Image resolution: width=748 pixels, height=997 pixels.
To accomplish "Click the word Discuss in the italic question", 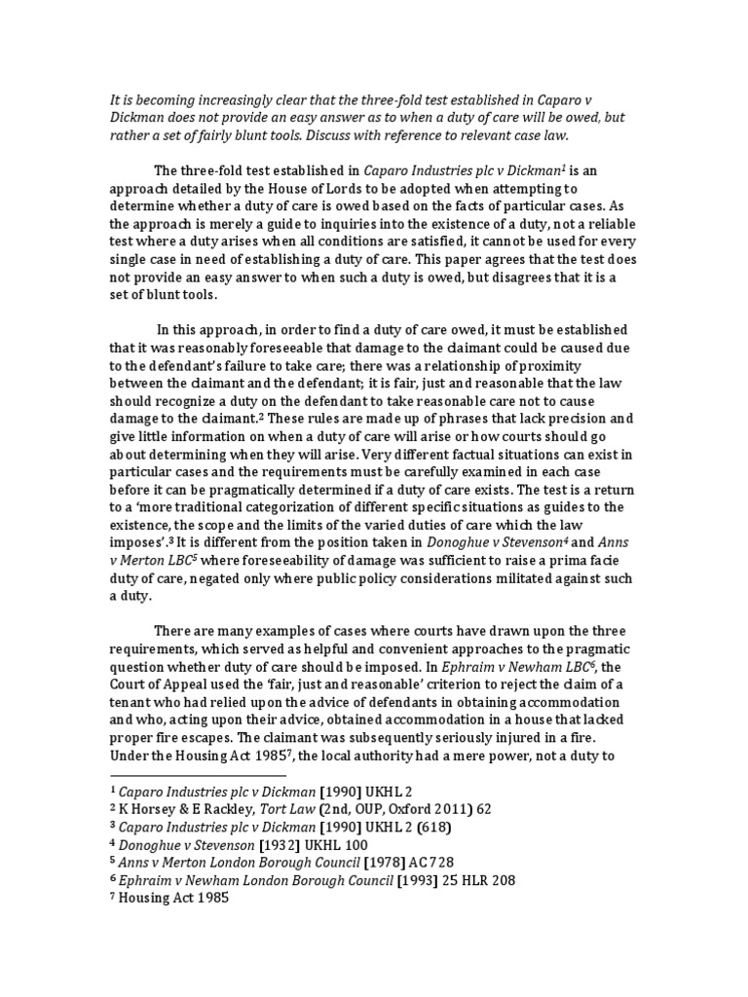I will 344,135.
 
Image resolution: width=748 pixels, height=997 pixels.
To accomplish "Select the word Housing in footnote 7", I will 146,900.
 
